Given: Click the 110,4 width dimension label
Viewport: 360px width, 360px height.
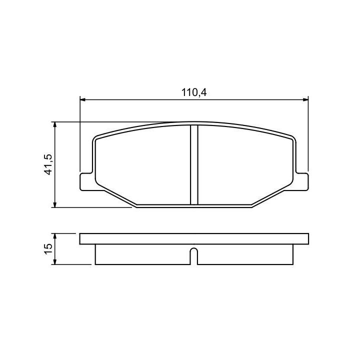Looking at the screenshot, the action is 194,92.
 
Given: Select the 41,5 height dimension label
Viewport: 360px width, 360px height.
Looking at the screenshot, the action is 49,164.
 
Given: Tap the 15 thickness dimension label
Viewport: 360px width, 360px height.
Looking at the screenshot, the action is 49,249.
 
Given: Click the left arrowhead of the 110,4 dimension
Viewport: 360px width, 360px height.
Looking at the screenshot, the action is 82,99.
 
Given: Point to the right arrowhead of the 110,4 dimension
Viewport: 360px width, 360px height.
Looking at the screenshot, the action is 305,99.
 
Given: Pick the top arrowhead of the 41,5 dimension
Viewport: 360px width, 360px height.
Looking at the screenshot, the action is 54,124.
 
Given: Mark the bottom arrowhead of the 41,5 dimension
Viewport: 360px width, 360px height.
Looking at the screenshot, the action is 54,204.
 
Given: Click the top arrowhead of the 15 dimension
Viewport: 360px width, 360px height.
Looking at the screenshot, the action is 54,236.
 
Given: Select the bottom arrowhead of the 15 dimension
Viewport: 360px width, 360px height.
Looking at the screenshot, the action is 54,261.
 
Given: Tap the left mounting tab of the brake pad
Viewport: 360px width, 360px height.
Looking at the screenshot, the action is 87,182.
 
